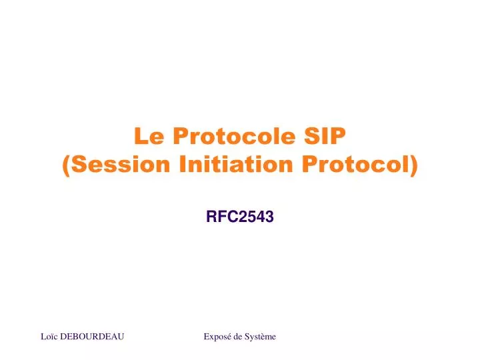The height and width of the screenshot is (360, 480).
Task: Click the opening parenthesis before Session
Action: click(x=66, y=165)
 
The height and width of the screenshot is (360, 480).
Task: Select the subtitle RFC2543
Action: click(x=240, y=215)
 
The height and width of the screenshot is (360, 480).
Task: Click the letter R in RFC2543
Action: click(x=211, y=215)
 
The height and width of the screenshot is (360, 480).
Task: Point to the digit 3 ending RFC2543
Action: click(x=270, y=215)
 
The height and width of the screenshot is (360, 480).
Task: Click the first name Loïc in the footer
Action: click(x=49, y=337)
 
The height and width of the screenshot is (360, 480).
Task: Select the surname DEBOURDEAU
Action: click(x=92, y=337)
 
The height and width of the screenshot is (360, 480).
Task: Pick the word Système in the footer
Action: click(x=261, y=337)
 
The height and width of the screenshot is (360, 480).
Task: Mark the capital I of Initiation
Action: click(x=183, y=164)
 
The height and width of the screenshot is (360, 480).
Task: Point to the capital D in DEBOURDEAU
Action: click(x=63, y=337)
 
